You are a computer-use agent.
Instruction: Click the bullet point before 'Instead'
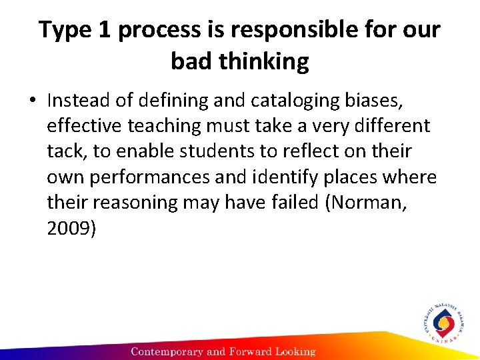pyautogui.click(x=31, y=101)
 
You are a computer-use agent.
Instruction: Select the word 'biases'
pyautogui.click(x=377, y=100)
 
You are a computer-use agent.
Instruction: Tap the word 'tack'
pyautogui.click(x=67, y=151)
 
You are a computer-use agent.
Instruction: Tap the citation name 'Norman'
pyautogui.click(x=367, y=203)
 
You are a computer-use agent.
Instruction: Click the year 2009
pyautogui.click(x=71, y=229)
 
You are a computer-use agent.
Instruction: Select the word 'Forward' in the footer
pyautogui.click(x=247, y=351)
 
